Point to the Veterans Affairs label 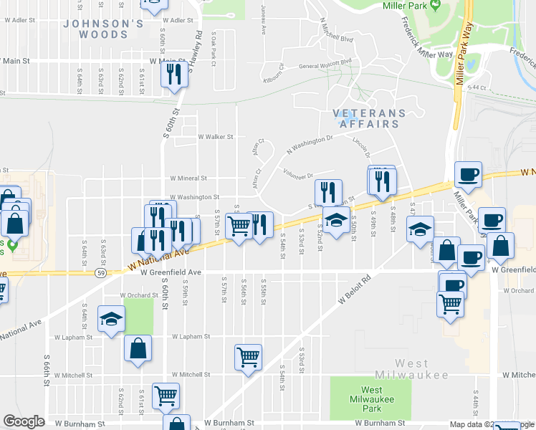coord(369,118)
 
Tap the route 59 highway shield coord(102,272)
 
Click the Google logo coord(24,421)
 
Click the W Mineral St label coord(188,178)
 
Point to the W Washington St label coord(193,197)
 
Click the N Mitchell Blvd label coord(337,39)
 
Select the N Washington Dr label coord(310,145)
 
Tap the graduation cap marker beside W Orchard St coord(111,319)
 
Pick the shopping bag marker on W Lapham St coord(138,350)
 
